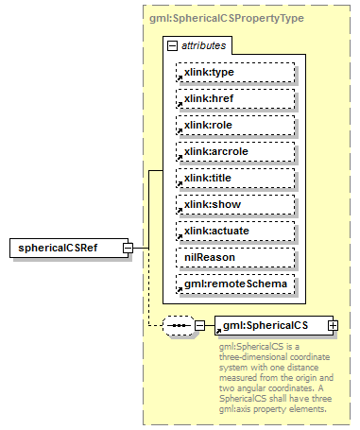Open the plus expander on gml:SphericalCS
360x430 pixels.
click(333, 325)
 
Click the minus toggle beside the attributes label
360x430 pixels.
click(171, 44)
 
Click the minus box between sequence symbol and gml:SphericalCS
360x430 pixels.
click(200, 325)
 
